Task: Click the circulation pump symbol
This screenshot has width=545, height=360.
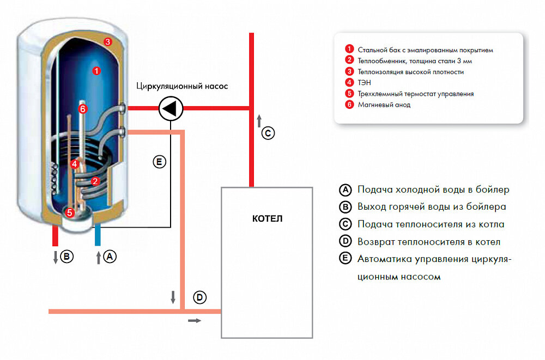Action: (171, 109)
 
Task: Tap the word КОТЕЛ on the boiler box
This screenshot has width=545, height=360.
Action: (268, 219)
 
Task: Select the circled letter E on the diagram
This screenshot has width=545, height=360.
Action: (159, 162)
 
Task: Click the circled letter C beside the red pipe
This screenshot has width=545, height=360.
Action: (268, 132)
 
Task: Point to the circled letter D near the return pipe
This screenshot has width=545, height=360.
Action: (200, 297)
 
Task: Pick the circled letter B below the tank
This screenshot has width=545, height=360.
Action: (67, 257)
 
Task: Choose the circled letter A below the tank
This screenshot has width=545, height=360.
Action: (110, 257)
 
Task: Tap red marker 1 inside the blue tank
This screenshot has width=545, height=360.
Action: (96, 70)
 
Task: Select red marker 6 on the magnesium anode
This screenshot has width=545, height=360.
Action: (83, 109)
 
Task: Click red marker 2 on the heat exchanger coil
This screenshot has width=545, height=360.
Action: (95, 181)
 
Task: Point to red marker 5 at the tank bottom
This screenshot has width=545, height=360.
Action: (69, 212)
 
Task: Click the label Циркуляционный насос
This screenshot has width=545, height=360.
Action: (182, 86)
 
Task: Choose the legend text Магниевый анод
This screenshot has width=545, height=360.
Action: (384, 105)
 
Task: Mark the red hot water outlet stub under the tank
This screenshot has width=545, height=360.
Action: (55, 235)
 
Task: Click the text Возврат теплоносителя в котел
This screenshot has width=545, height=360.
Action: (428, 242)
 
